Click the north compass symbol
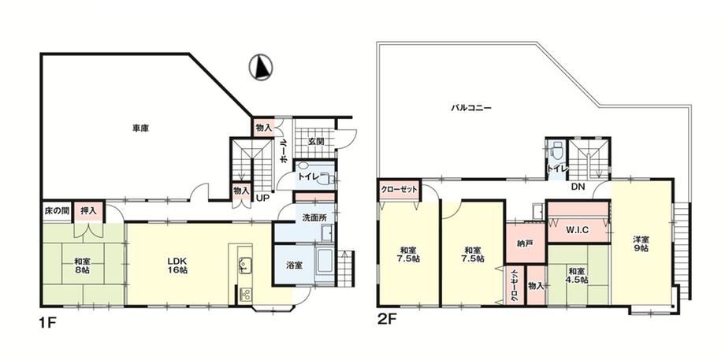(x=261, y=66)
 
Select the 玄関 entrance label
(x=315, y=142)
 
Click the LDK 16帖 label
(x=177, y=265)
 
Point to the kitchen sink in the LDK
(x=244, y=265)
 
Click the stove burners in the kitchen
(x=246, y=295)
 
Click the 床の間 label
(x=57, y=211)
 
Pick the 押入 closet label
(x=88, y=211)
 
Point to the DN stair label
(x=578, y=187)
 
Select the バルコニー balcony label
(x=471, y=109)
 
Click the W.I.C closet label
(x=577, y=230)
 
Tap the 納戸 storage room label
(x=526, y=243)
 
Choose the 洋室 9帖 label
(x=641, y=243)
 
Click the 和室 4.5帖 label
(x=578, y=276)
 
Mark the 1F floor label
(x=47, y=321)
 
